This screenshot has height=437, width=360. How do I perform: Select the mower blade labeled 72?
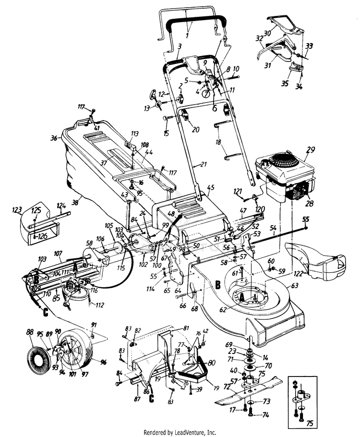pyautogui.click(x=245, y=391)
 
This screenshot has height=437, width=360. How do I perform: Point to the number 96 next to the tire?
pyautogui.click(x=102, y=362)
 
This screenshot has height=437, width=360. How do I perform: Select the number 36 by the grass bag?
pyautogui.click(x=53, y=138)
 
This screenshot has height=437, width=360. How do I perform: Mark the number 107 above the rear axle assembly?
pyautogui.click(x=58, y=253)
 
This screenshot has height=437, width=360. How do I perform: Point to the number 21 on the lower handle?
pyautogui.click(x=204, y=164)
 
